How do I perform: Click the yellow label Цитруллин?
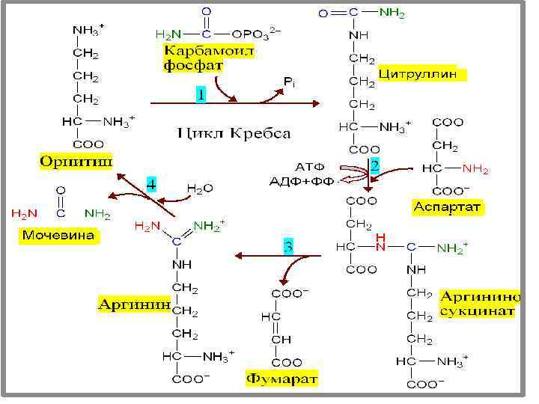[x=424, y=75]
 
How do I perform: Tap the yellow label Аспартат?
[x=448, y=206]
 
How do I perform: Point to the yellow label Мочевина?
[x=58, y=236]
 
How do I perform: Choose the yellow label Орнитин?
[x=76, y=161]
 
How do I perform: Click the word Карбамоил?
[x=209, y=50]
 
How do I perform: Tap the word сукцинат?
[x=477, y=310]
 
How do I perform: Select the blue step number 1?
[x=201, y=95]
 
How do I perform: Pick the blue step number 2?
[x=374, y=164]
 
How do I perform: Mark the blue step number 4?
[x=151, y=183]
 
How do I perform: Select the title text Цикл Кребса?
[x=234, y=134]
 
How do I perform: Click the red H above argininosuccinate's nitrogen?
[x=381, y=236]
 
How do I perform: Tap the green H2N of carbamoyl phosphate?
[x=167, y=34]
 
